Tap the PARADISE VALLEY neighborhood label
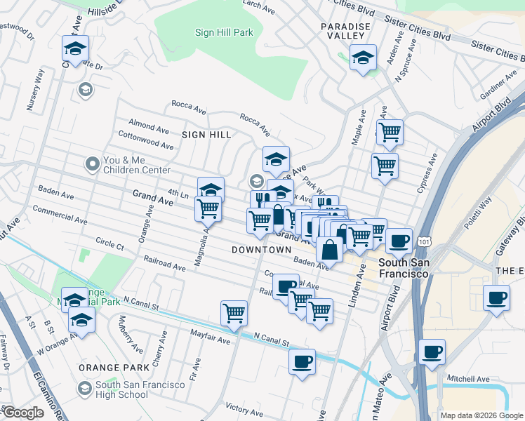click(345, 27)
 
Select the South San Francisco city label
click(403, 268)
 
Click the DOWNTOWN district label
click(261, 250)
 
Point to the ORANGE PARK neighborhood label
click(123, 366)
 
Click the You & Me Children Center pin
click(92, 164)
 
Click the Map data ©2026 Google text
click(481, 415)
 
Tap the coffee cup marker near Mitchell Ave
click(432, 351)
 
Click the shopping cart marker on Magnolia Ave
click(208, 208)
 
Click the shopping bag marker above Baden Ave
click(329, 249)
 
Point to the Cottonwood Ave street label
click(146, 139)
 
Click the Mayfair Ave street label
click(212, 340)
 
